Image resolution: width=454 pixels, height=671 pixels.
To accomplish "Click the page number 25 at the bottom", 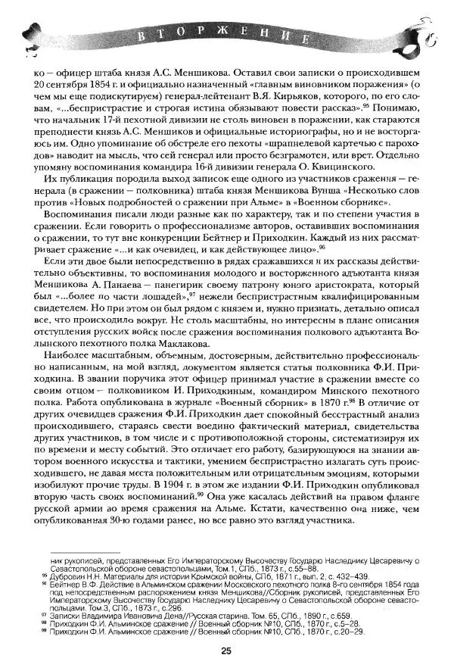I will (226, 650).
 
